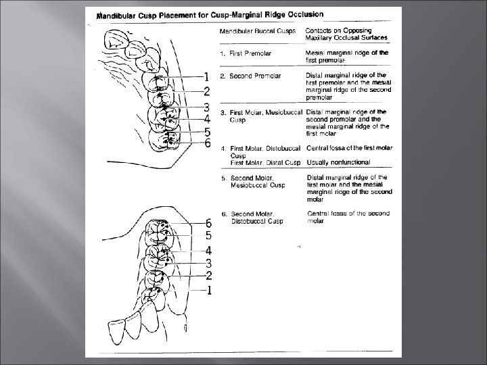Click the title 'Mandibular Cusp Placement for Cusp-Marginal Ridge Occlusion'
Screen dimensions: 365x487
point(210,14)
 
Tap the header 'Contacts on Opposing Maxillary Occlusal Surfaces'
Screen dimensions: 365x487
point(346,34)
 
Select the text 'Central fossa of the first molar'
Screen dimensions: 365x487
point(349,147)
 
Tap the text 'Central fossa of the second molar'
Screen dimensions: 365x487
point(348,218)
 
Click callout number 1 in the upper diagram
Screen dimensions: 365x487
point(206,76)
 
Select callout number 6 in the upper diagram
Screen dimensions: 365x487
point(208,143)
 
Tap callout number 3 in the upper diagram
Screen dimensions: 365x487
point(206,107)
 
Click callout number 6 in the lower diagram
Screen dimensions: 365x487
point(209,223)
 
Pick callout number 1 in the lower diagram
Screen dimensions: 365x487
point(209,290)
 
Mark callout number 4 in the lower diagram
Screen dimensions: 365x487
point(209,250)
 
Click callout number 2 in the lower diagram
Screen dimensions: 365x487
point(209,276)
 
